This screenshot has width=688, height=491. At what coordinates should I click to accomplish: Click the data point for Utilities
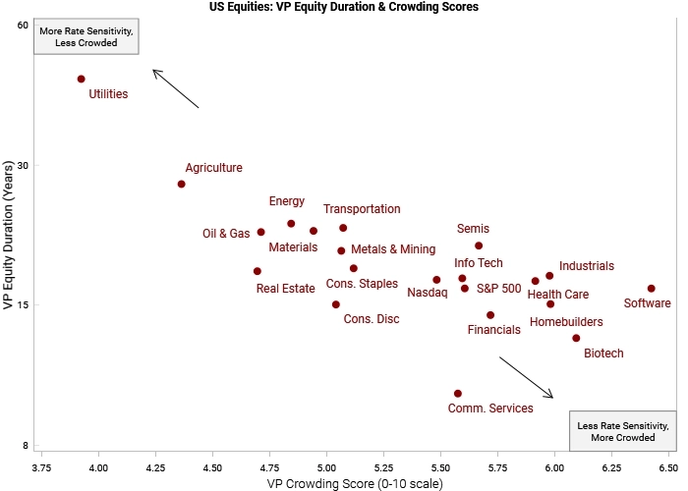82,79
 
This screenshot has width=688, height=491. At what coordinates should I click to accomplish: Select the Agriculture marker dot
182,184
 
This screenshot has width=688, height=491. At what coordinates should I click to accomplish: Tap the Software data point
651,289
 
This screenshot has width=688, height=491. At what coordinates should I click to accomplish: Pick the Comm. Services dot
458,393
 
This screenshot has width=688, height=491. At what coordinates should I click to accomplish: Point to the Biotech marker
576,338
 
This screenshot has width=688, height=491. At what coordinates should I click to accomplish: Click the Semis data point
479,245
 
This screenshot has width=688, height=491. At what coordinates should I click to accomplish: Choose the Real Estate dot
258,271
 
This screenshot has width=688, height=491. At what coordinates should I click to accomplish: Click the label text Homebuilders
566,321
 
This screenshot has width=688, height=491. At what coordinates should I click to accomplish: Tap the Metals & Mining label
393,249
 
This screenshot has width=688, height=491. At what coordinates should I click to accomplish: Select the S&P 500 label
498,289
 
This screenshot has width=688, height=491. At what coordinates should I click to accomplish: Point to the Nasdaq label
428,292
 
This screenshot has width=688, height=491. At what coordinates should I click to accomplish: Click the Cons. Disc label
372,318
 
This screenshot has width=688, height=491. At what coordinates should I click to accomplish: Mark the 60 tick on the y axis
23,25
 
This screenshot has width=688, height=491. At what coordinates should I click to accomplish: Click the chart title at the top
344,7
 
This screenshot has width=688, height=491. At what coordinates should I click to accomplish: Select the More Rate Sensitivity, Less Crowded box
86,37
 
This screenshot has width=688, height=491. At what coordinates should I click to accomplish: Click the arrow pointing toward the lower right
527,378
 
